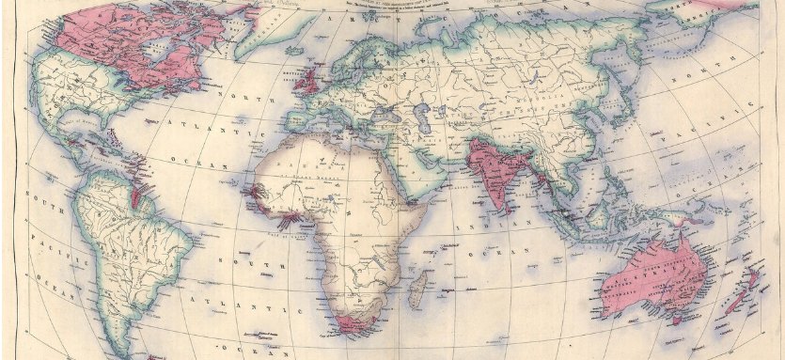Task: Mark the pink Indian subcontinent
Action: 489,164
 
